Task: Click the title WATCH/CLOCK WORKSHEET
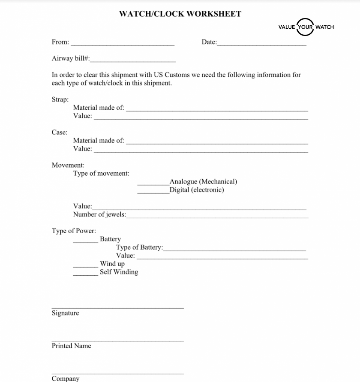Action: pos(180,14)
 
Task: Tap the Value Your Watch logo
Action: pos(306,27)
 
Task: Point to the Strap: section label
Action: pos(60,99)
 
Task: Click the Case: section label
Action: pos(60,132)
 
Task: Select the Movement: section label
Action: pos(68,165)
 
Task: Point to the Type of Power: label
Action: pos(74,231)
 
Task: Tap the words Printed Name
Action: pos(71,346)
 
